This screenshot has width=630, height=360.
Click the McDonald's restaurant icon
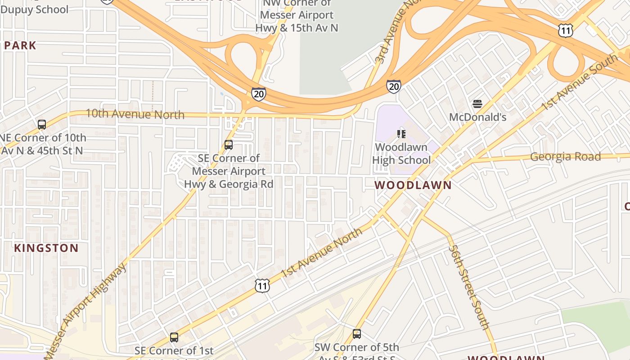pos(477,104)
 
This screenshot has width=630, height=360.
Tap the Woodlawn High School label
pos(401,153)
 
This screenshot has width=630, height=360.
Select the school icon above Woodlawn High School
pos(401,134)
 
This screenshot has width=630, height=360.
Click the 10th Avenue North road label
pos(135,114)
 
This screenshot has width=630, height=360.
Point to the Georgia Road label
pos(565,157)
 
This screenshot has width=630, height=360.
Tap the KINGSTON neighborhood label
pos(46,248)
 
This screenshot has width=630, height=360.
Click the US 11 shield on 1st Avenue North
pos(262,285)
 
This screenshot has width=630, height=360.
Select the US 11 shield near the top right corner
pos(565,30)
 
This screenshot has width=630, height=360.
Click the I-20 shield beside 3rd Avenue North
pos(393,86)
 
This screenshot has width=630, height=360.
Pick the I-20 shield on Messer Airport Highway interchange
pos(258,94)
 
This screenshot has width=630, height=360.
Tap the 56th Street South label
pos(468,287)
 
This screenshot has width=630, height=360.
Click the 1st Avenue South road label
pos(579,82)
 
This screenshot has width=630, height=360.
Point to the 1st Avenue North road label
pos(321,252)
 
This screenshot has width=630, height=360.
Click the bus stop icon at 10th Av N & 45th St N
pos(42,125)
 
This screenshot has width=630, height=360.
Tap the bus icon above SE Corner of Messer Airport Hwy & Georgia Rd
pos(229,145)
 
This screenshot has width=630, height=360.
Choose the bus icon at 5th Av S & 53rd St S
pos(357,334)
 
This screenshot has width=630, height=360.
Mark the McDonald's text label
pos(477,117)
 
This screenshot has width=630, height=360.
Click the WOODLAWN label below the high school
pos(413,185)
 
